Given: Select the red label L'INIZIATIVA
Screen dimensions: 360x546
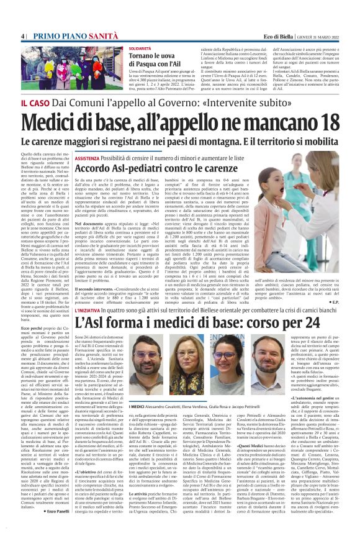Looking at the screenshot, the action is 91,309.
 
